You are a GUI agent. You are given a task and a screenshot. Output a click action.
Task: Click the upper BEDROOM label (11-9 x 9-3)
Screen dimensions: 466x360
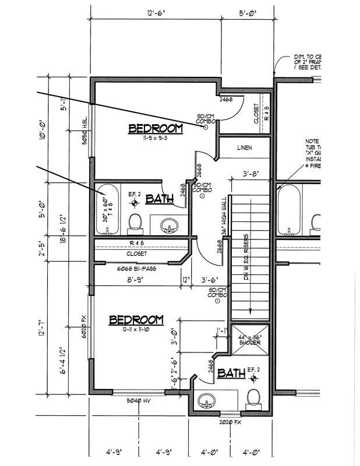pos(155,129)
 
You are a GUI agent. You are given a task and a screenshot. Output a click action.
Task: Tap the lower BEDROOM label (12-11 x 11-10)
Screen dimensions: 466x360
pos(136,320)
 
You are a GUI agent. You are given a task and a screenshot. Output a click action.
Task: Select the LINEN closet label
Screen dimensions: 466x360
pos(245,148)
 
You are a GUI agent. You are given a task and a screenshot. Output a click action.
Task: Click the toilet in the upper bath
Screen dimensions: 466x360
pos(135,222)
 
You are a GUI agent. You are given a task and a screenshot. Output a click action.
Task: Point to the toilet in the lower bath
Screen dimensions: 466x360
pos(253,397)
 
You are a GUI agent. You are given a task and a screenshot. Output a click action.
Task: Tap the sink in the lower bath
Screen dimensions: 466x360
pos(206,401)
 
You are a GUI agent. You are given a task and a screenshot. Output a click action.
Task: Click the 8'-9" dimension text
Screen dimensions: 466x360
pos(135,280)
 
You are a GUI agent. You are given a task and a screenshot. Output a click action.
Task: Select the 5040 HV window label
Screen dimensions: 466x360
pos(139,401)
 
